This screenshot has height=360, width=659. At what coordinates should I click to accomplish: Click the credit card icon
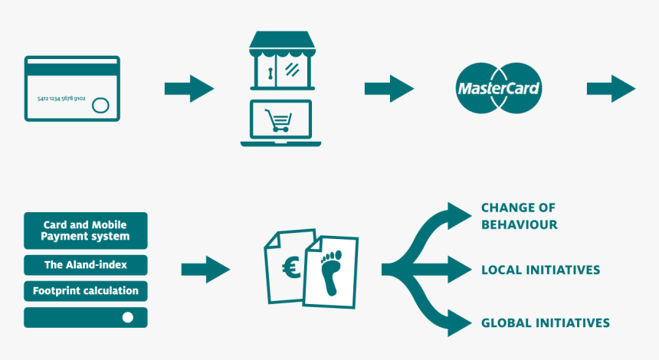coord(72,87)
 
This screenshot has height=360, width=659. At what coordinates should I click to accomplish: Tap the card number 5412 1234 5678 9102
coord(61,99)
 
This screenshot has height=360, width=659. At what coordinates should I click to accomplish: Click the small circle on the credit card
coord(100,106)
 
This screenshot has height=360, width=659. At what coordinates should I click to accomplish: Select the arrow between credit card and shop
coord(189,88)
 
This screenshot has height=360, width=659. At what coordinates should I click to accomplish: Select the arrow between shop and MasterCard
coord(389,88)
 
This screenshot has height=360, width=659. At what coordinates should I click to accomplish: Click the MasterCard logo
coord(499,88)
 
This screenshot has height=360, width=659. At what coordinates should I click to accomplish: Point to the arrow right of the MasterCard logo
coord(611,88)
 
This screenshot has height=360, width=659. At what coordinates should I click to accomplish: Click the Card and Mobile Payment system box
coord(85,231)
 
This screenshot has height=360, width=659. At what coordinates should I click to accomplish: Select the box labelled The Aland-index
coord(85,265)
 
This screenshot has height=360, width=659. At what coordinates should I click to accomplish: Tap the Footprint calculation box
coord(85,291)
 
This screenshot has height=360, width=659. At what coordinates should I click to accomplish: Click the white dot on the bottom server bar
coord(128,317)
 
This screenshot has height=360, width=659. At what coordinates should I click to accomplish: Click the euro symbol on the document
coord(290,267)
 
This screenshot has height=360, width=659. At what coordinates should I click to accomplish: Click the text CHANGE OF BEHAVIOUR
coord(519,216)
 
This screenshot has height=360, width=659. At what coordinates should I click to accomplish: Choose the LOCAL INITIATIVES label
coord(540,270)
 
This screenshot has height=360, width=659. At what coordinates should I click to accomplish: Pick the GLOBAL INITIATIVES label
coord(545,322)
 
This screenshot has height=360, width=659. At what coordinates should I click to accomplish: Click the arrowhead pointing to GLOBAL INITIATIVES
coord(460,322)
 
